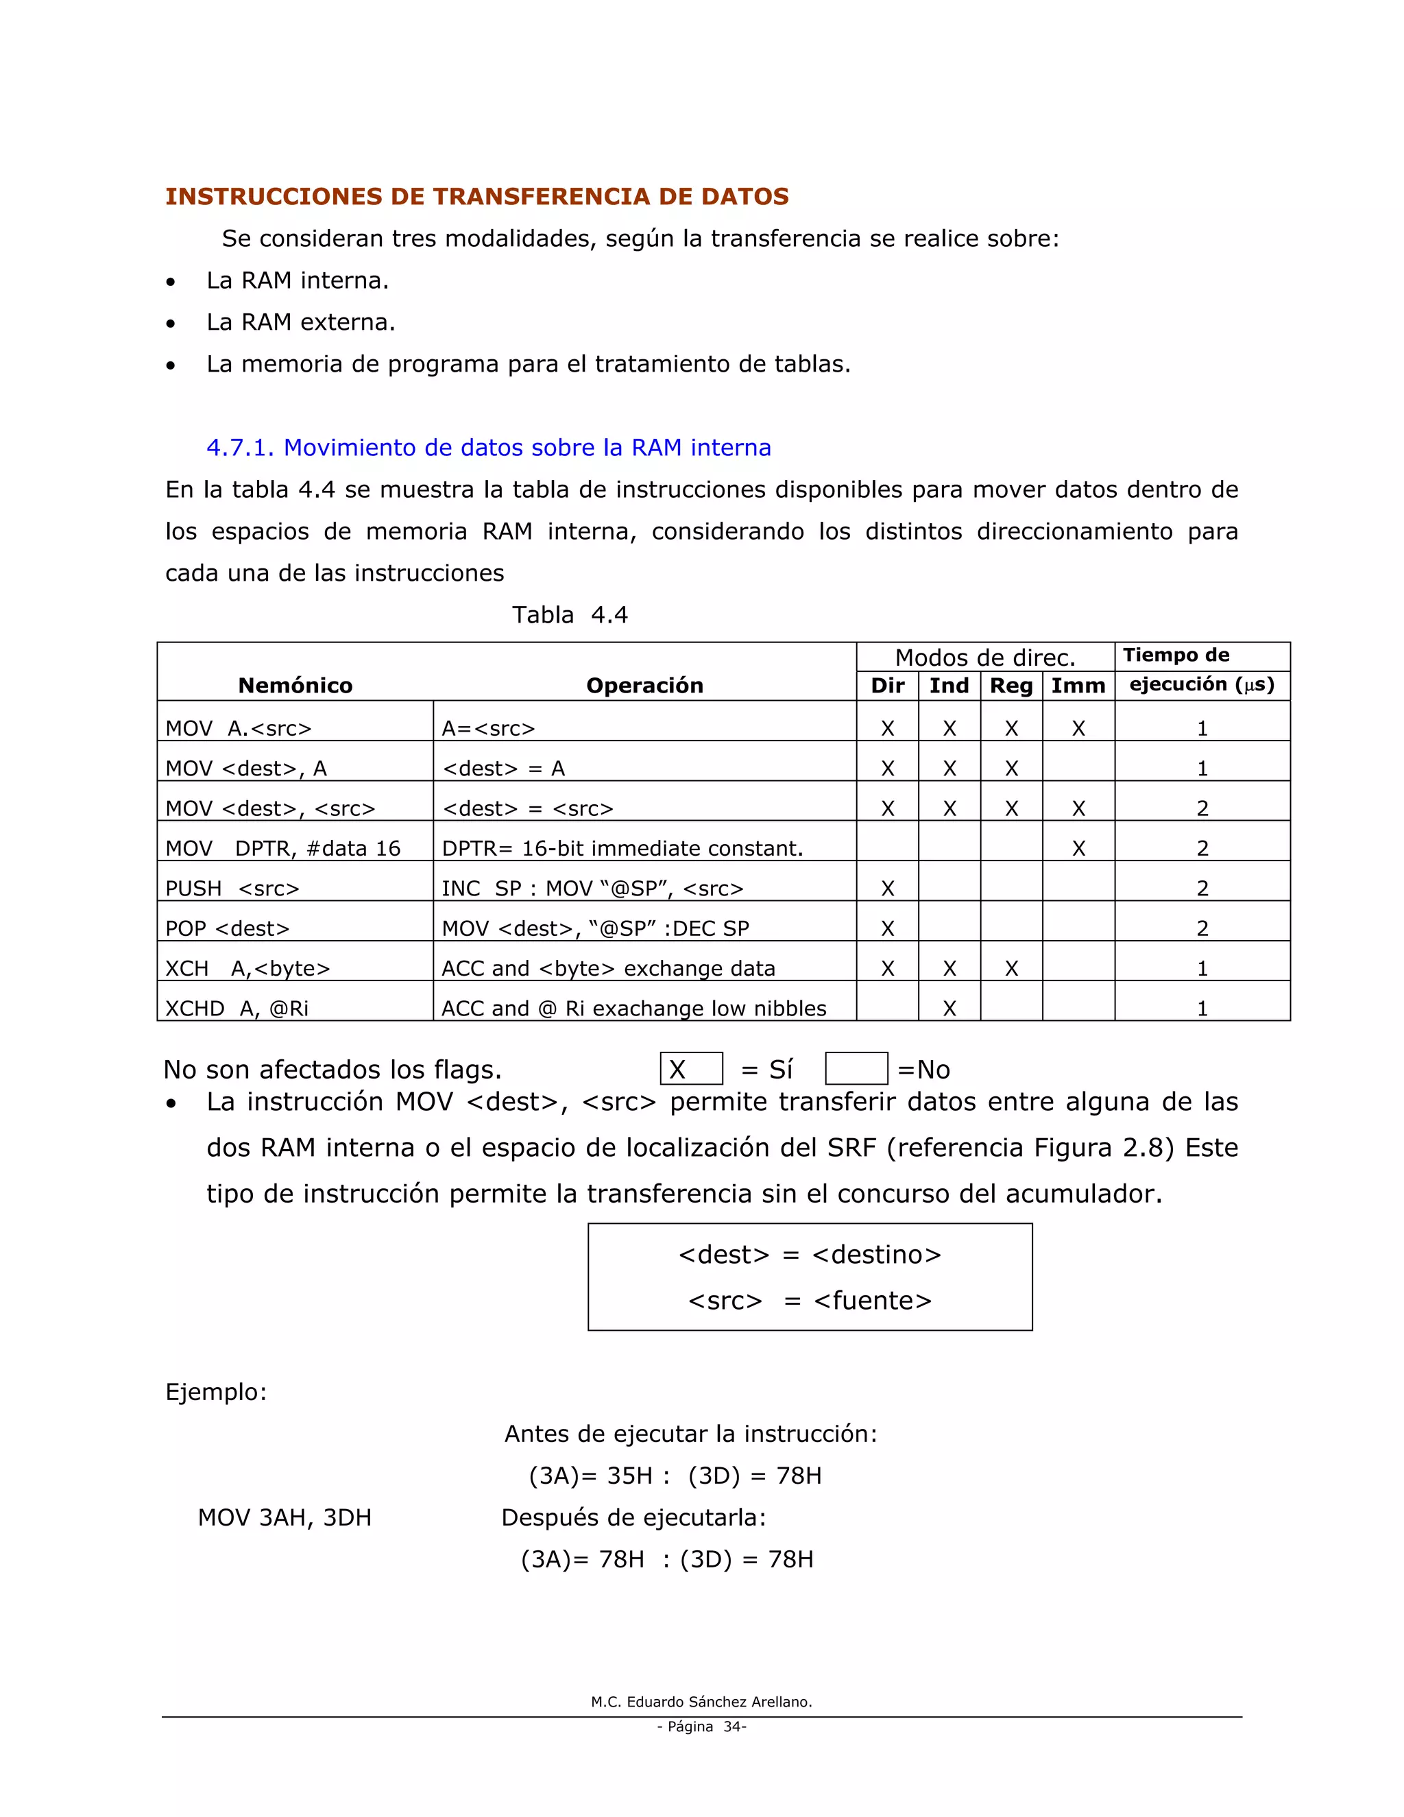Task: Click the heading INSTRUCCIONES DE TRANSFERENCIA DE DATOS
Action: point(476,196)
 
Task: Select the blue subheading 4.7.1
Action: point(488,448)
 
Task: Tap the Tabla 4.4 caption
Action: point(570,615)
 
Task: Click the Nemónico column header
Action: point(295,686)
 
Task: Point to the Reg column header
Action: point(1010,686)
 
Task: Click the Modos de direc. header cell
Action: point(985,658)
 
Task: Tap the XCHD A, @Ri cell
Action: point(237,1009)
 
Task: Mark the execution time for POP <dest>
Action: point(1202,928)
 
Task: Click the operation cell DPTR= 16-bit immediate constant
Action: point(622,849)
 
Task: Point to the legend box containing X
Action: point(690,1069)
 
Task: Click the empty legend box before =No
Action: point(856,1069)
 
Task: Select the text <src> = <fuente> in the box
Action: point(810,1300)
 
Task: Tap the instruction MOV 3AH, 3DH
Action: point(285,1517)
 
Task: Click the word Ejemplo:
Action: point(216,1392)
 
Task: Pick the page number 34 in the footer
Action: point(734,1726)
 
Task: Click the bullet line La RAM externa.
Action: point(300,322)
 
